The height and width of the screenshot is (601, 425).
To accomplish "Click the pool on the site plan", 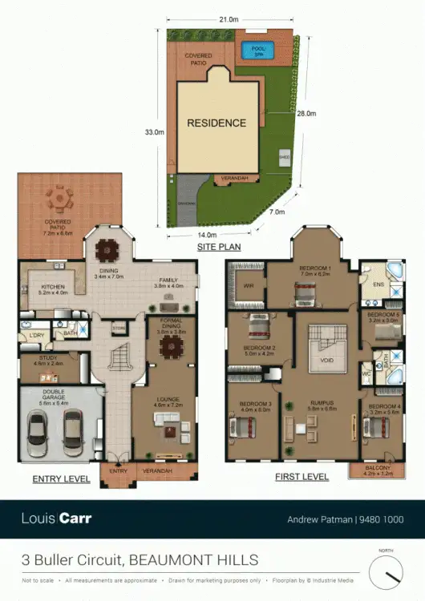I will pyautogui.click(x=257, y=50).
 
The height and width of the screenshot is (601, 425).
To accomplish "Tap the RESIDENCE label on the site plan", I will pyautogui.click(x=217, y=123).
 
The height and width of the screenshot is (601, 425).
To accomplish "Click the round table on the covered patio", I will pyautogui.click(x=60, y=197).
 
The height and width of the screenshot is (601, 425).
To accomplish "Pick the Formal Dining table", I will pyautogui.click(x=170, y=347).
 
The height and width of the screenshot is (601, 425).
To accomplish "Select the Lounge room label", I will pyautogui.click(x=168, y=400).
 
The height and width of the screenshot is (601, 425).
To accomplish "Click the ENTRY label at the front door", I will pyautogui.click(x=119, y=470).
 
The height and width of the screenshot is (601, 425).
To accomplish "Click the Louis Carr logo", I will pyautogui.click(x=56, y=518).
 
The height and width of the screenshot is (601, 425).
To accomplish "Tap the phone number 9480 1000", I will pyautogui.click(x=381, y=519).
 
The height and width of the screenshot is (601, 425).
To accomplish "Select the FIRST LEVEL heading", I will pyautogui.click(x=302, y=477).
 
